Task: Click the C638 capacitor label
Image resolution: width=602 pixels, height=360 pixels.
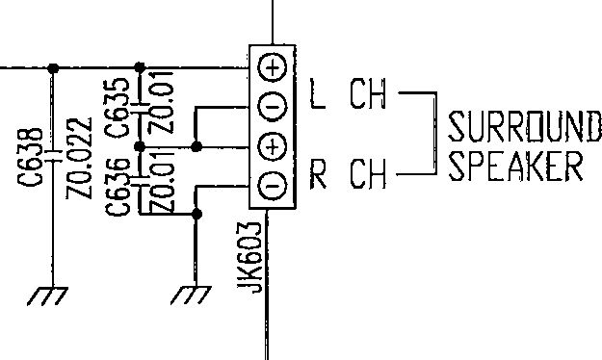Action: pyautogui.click(x=30, y=157)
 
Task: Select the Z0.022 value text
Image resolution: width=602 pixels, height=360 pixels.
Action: pyautogui.click(x=80, y=158)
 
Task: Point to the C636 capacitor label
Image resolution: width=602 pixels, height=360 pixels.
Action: pyautogui.click(x=118, y=187)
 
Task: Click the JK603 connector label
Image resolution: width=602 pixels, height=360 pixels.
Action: pyautogui.click(x=249, y=257)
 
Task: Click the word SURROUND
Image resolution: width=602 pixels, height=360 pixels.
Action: pyautogui.click(x=525, y=126)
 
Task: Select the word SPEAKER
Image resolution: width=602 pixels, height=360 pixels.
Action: pyautogui.click(x=515, y=166)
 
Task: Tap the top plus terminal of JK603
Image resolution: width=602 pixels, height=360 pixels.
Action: pyautogui.click(x=273, y=68)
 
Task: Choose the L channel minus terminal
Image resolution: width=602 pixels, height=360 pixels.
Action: pyautogui.click(x=273, y=106)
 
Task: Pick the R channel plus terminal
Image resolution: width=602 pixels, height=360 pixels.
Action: pyautogui.click(x=273, y=147)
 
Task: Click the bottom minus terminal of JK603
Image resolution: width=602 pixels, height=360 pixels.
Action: pyautogui.click(x=273, y=186)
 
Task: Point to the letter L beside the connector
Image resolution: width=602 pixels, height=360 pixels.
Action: pyautogui.click(x=318, y=93)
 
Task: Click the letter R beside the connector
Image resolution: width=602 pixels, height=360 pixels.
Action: pyautogui.click(x=318, y=174)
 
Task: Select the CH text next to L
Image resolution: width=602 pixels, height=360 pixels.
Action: pyautogui.click(x=368, y=93)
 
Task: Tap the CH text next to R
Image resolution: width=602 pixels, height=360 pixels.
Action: pyautogui.click(x=368, y=174)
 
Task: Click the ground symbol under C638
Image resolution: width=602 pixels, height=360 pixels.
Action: pyautogui.click(x=47, y=296)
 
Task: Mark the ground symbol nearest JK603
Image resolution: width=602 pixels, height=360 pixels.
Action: pyautogui.click(x=191, y=296)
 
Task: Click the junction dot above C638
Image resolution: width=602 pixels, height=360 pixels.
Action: pyautogui.click(x=53, y=68)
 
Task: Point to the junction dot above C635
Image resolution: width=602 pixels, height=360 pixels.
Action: pyautogui.click(x=140, y=68)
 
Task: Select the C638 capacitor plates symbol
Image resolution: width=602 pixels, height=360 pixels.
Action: pyautogui.click(x=53, y=156)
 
